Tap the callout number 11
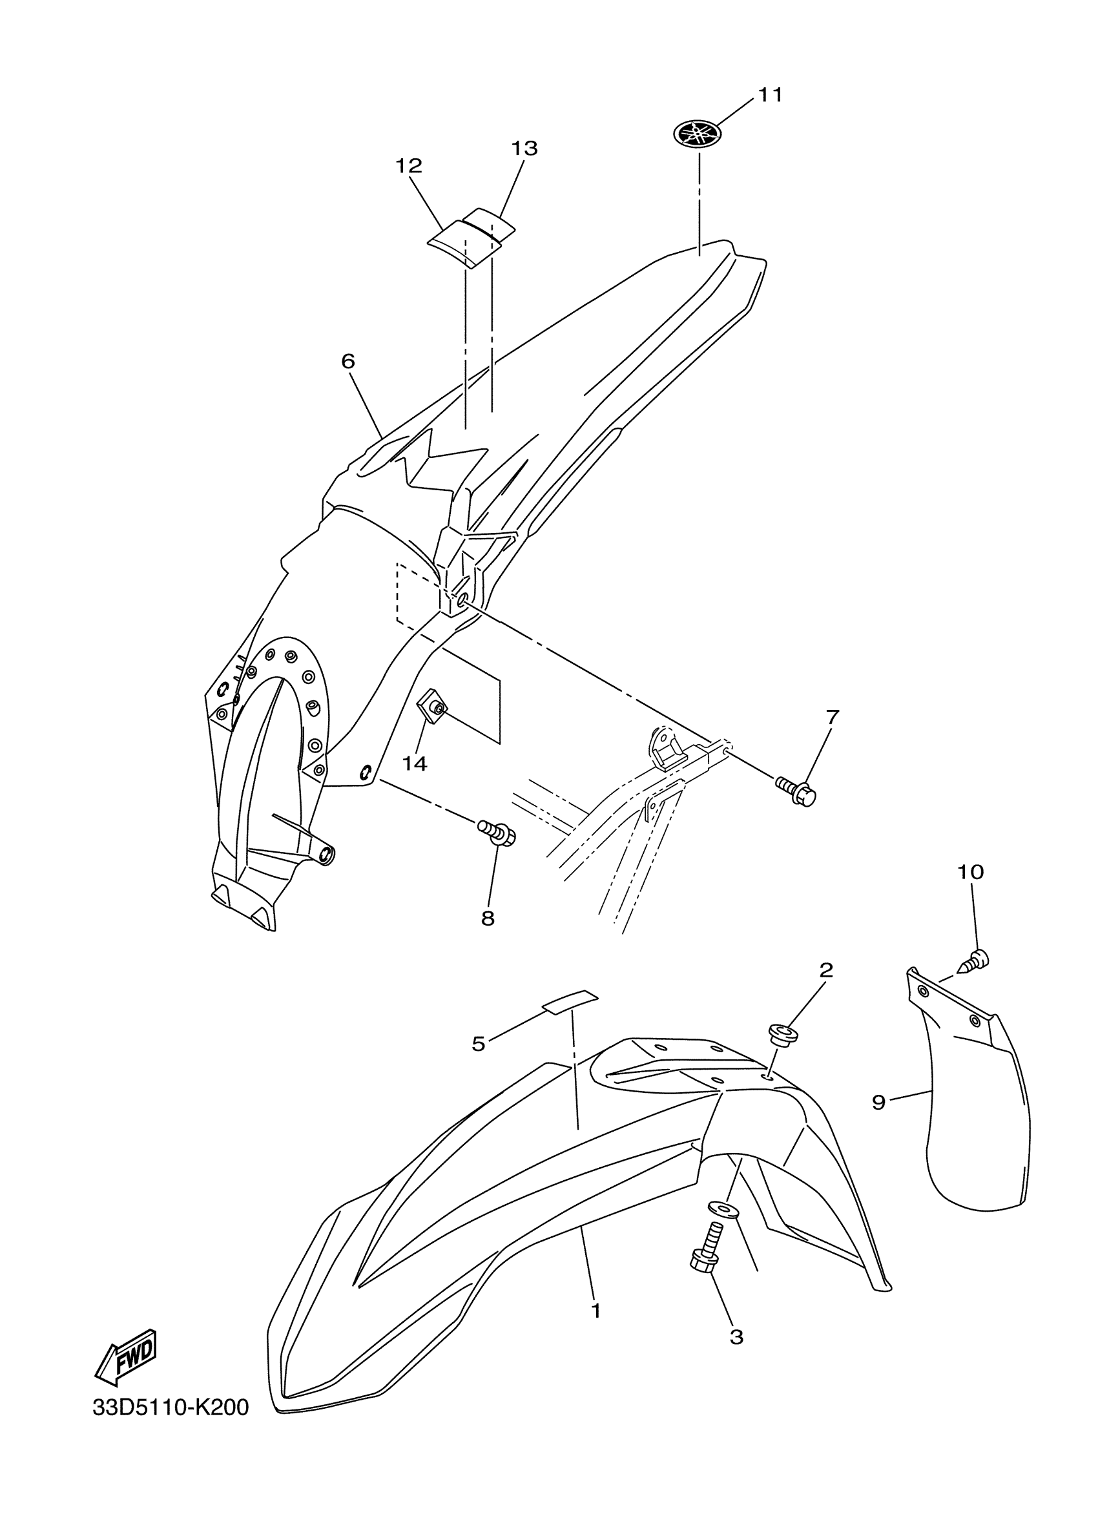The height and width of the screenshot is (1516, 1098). click(x=769, y=95)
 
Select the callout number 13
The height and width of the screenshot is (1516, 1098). click(x=524, y=149)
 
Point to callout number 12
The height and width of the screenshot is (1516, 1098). click(x=409, y=166)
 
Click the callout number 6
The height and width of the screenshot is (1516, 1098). click(x=348, y=362)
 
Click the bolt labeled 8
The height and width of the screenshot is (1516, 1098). click(x=497, y=833)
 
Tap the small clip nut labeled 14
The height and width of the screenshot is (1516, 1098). click(x=432, y=707)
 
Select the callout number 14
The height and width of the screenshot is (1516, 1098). click(x=415, y=763)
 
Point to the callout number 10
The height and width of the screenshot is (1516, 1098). click(x=970, y=871)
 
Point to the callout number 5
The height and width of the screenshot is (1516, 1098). click(x=479, y=1043)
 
